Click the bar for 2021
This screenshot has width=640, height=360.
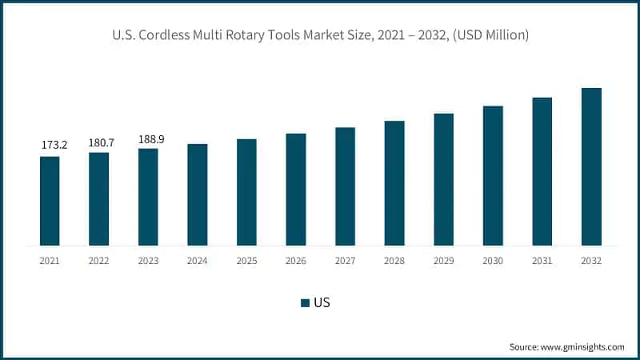(x=50, y=201)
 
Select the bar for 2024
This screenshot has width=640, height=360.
(x=198, y=194)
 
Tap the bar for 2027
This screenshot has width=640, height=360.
(x=345, y=186)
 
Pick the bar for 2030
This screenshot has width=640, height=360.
(x=493, y=175)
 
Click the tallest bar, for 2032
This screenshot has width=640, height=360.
(x=591, y=166)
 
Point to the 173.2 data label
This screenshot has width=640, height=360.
(x=54, y=145)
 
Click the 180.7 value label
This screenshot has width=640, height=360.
(x=101, y=142)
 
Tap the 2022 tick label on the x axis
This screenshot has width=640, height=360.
(x=99, y=261)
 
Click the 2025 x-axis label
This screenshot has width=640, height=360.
(x=246, y=261)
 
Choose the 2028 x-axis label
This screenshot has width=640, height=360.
(x=394, y=261)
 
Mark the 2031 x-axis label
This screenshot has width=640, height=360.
(x=542, y=261)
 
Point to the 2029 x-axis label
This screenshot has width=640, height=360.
(x=444, y=261)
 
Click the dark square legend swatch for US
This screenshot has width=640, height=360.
(x=305, y=302)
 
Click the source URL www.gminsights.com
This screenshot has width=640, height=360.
(x=583, y=346)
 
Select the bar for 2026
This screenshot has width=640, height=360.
(x=296, y=190)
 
